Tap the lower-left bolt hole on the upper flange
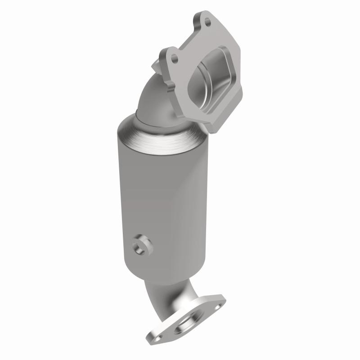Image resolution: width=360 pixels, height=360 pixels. point(175,58)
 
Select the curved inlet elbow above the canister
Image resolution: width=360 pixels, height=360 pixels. point(155,97)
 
